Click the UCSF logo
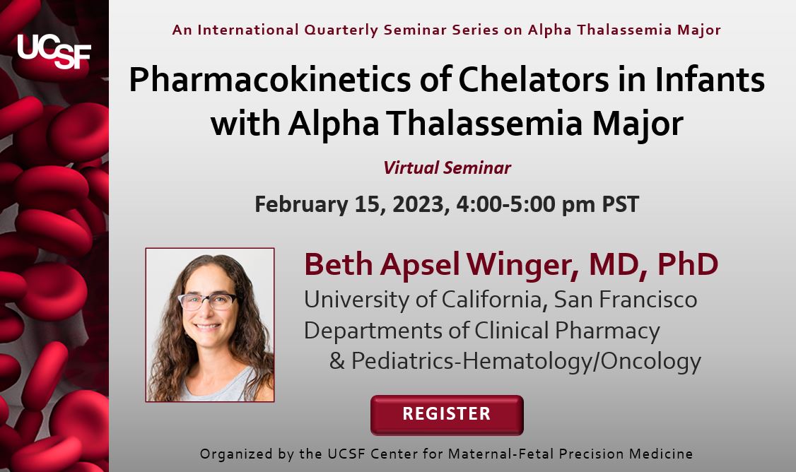point(54,51)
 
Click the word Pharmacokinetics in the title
point(270,80)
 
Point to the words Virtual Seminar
point(447,167)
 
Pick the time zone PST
point(621,204)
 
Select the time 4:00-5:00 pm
point(525,204)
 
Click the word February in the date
point(301,204)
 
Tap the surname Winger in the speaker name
point(522,265)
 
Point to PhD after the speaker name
point(688,264)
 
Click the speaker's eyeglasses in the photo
point(208,301)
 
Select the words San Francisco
point(625,300)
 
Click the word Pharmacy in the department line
point(607,331)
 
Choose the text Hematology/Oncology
point(582,362)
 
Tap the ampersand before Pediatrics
point(337,361)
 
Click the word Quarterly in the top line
point(341,30)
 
